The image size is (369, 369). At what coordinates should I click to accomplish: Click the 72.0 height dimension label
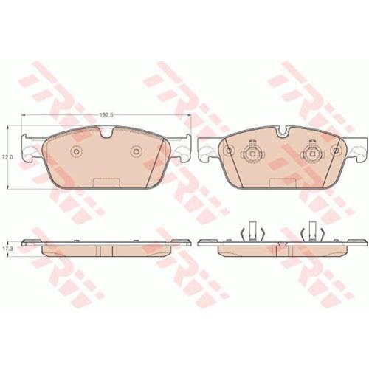[x=5, y=157]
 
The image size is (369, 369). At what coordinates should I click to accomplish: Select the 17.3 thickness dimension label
[x=5, y=249]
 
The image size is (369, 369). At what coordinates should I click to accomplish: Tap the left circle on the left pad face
[x=76, y=151]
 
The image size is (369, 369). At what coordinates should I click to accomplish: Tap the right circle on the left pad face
[x=136, y=151]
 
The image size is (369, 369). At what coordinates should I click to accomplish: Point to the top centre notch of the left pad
[x=106, y=132]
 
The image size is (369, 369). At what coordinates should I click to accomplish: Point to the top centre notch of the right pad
[x=283, y=132]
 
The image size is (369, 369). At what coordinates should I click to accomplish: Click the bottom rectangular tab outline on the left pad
[x=107, y=183]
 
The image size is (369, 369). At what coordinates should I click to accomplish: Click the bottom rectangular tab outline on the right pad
[x=283, y=183]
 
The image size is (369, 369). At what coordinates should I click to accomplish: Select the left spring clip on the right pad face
[x=252, y=153]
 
